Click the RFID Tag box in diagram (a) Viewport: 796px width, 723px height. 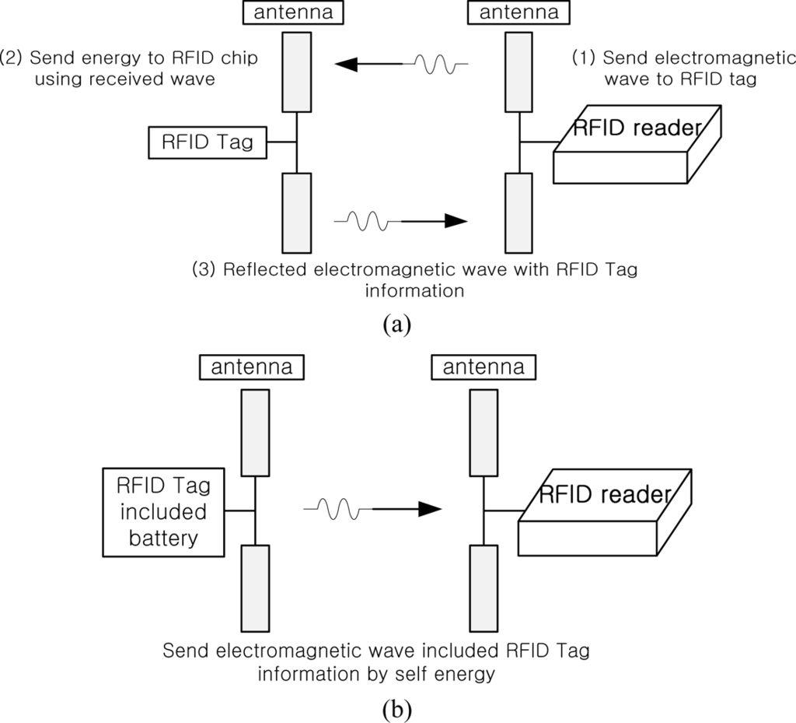point(206,142)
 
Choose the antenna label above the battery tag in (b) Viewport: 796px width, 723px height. point(251,367)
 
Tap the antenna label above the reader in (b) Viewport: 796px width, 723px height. point(481,367)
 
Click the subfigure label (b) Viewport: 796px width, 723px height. point(398,709)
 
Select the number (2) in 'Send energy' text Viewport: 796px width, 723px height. point(12,59)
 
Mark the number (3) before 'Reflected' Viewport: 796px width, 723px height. point(204,269)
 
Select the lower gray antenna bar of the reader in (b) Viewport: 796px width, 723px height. point(484,588)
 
